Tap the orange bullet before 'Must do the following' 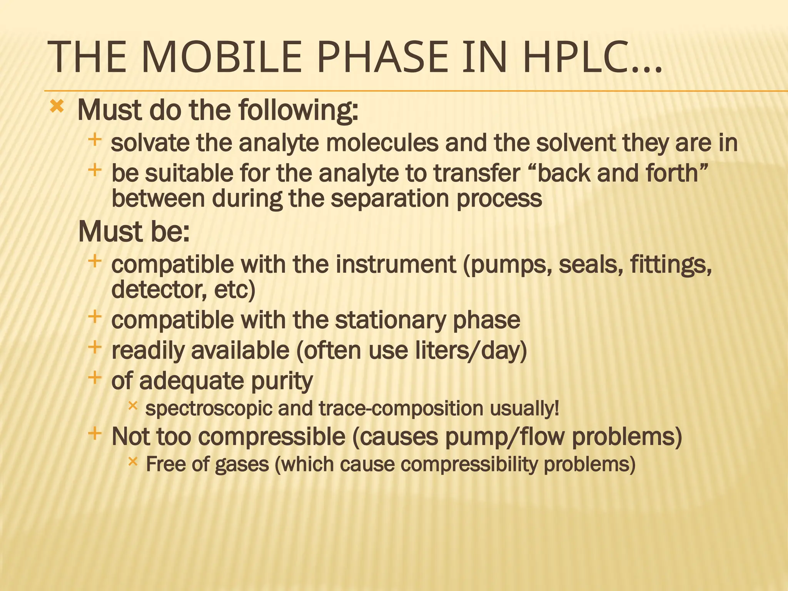coord(57,106)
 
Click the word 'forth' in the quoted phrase coord(672,173)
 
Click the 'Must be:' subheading coord(134,232)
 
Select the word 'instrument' coord(396,265)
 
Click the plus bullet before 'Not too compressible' coord(94,434)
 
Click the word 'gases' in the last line coord(242,464)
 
